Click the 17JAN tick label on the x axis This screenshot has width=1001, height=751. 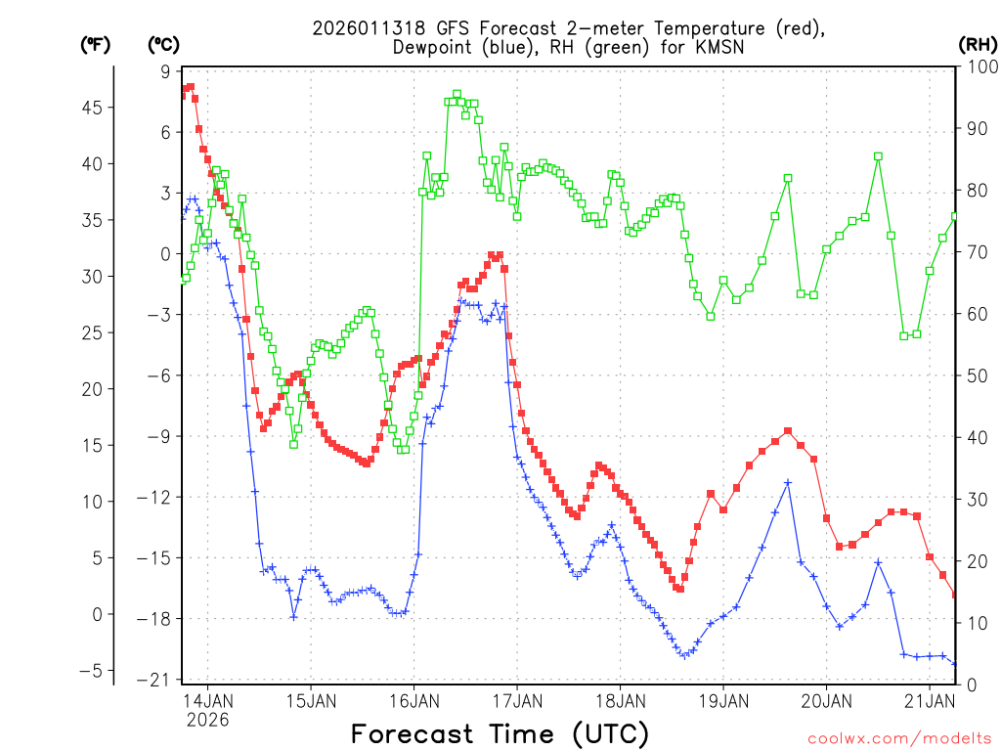[x=516, y=700]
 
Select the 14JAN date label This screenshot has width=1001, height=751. [x=207, y=700]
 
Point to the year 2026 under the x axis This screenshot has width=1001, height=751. [x=207, y=720]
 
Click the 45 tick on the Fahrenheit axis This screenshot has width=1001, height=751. [x=95, y=108]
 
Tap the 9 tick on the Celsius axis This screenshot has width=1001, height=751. [x=164, y=70]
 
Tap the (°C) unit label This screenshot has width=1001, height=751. [x=163, y=45]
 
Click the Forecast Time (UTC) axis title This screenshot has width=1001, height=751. [x=500, y=733]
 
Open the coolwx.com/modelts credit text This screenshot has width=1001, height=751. [x=898, y=737]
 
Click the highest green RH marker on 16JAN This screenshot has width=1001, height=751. [x=457, y=95]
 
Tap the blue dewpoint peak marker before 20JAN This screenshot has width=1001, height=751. [x=788, y=482]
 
